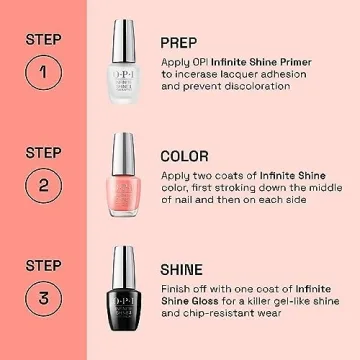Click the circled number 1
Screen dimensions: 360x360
[x=42, y=72]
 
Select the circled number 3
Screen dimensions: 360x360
[x=42, y=299]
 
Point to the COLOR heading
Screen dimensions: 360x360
[x=184, y=156]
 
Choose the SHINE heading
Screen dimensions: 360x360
[x=181, y=270]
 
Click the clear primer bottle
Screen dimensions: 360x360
[x=123, y=80]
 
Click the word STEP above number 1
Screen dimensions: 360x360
[x=42, y=39]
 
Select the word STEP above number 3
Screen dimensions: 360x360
[x=42, y=265]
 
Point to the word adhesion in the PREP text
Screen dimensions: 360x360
[x=283, y=74]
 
